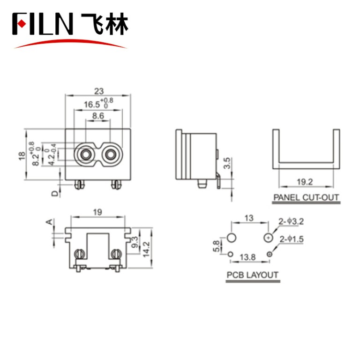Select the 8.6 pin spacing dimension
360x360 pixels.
[x=97, y=115]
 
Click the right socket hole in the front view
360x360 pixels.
[x=111, y=153]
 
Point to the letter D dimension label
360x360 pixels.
[x=55, y=193]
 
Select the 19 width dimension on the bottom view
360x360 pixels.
[x=97, y=212]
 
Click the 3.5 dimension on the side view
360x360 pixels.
[x=226, y=163]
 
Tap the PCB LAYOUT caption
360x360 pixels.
[x=252, y=275]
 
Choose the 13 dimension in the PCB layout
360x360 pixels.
[x=249, y=218]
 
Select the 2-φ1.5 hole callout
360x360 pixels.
[x=292, y=240]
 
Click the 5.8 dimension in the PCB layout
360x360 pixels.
[x=215, y=246]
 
